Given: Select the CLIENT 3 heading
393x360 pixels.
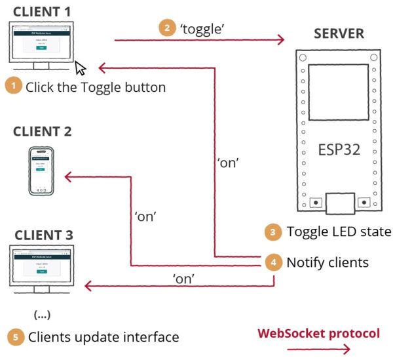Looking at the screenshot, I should coord(44,235).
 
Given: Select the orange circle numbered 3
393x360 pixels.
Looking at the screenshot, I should coord(273,231).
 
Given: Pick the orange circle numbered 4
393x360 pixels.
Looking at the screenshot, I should coord(273,262).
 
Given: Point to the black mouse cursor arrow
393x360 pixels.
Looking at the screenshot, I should coord(81,68).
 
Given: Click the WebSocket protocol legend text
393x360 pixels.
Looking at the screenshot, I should coord(318,334).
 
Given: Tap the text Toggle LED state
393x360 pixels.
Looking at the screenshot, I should coord(339,231).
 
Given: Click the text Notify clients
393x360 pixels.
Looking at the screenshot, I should coord(327,262).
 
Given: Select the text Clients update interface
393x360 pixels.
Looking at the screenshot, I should coord(103,337).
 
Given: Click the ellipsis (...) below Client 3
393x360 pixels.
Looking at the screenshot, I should coord(41,314).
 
